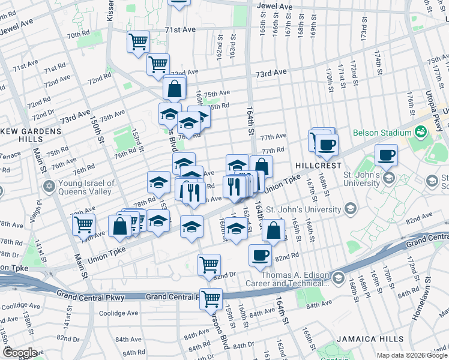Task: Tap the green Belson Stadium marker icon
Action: [420, 131]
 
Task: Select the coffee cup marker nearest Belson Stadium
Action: [387, 155]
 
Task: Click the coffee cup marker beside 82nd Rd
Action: [260, 254]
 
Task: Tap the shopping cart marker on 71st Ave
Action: [138, 42]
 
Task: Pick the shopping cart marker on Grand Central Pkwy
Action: [211, 298]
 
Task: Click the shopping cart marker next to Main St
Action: [83, 224]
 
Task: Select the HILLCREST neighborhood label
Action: [318, 165]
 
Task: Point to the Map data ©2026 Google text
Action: [412, 355]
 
